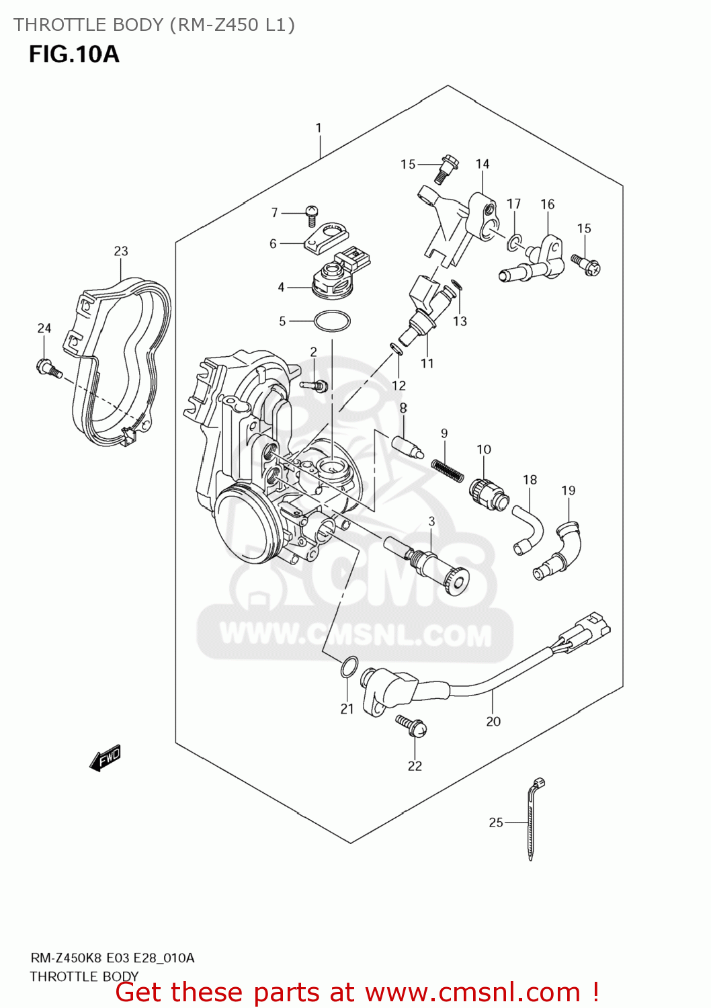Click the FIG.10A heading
coord(74,54)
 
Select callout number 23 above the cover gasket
coord(121,251)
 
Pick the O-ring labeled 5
coord(332,321)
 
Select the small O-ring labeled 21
coord(347,668)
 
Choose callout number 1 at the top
coord(319,128)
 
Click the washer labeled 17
coord(513,242)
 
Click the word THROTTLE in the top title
coord(56,25)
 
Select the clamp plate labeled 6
coord(325,237)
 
